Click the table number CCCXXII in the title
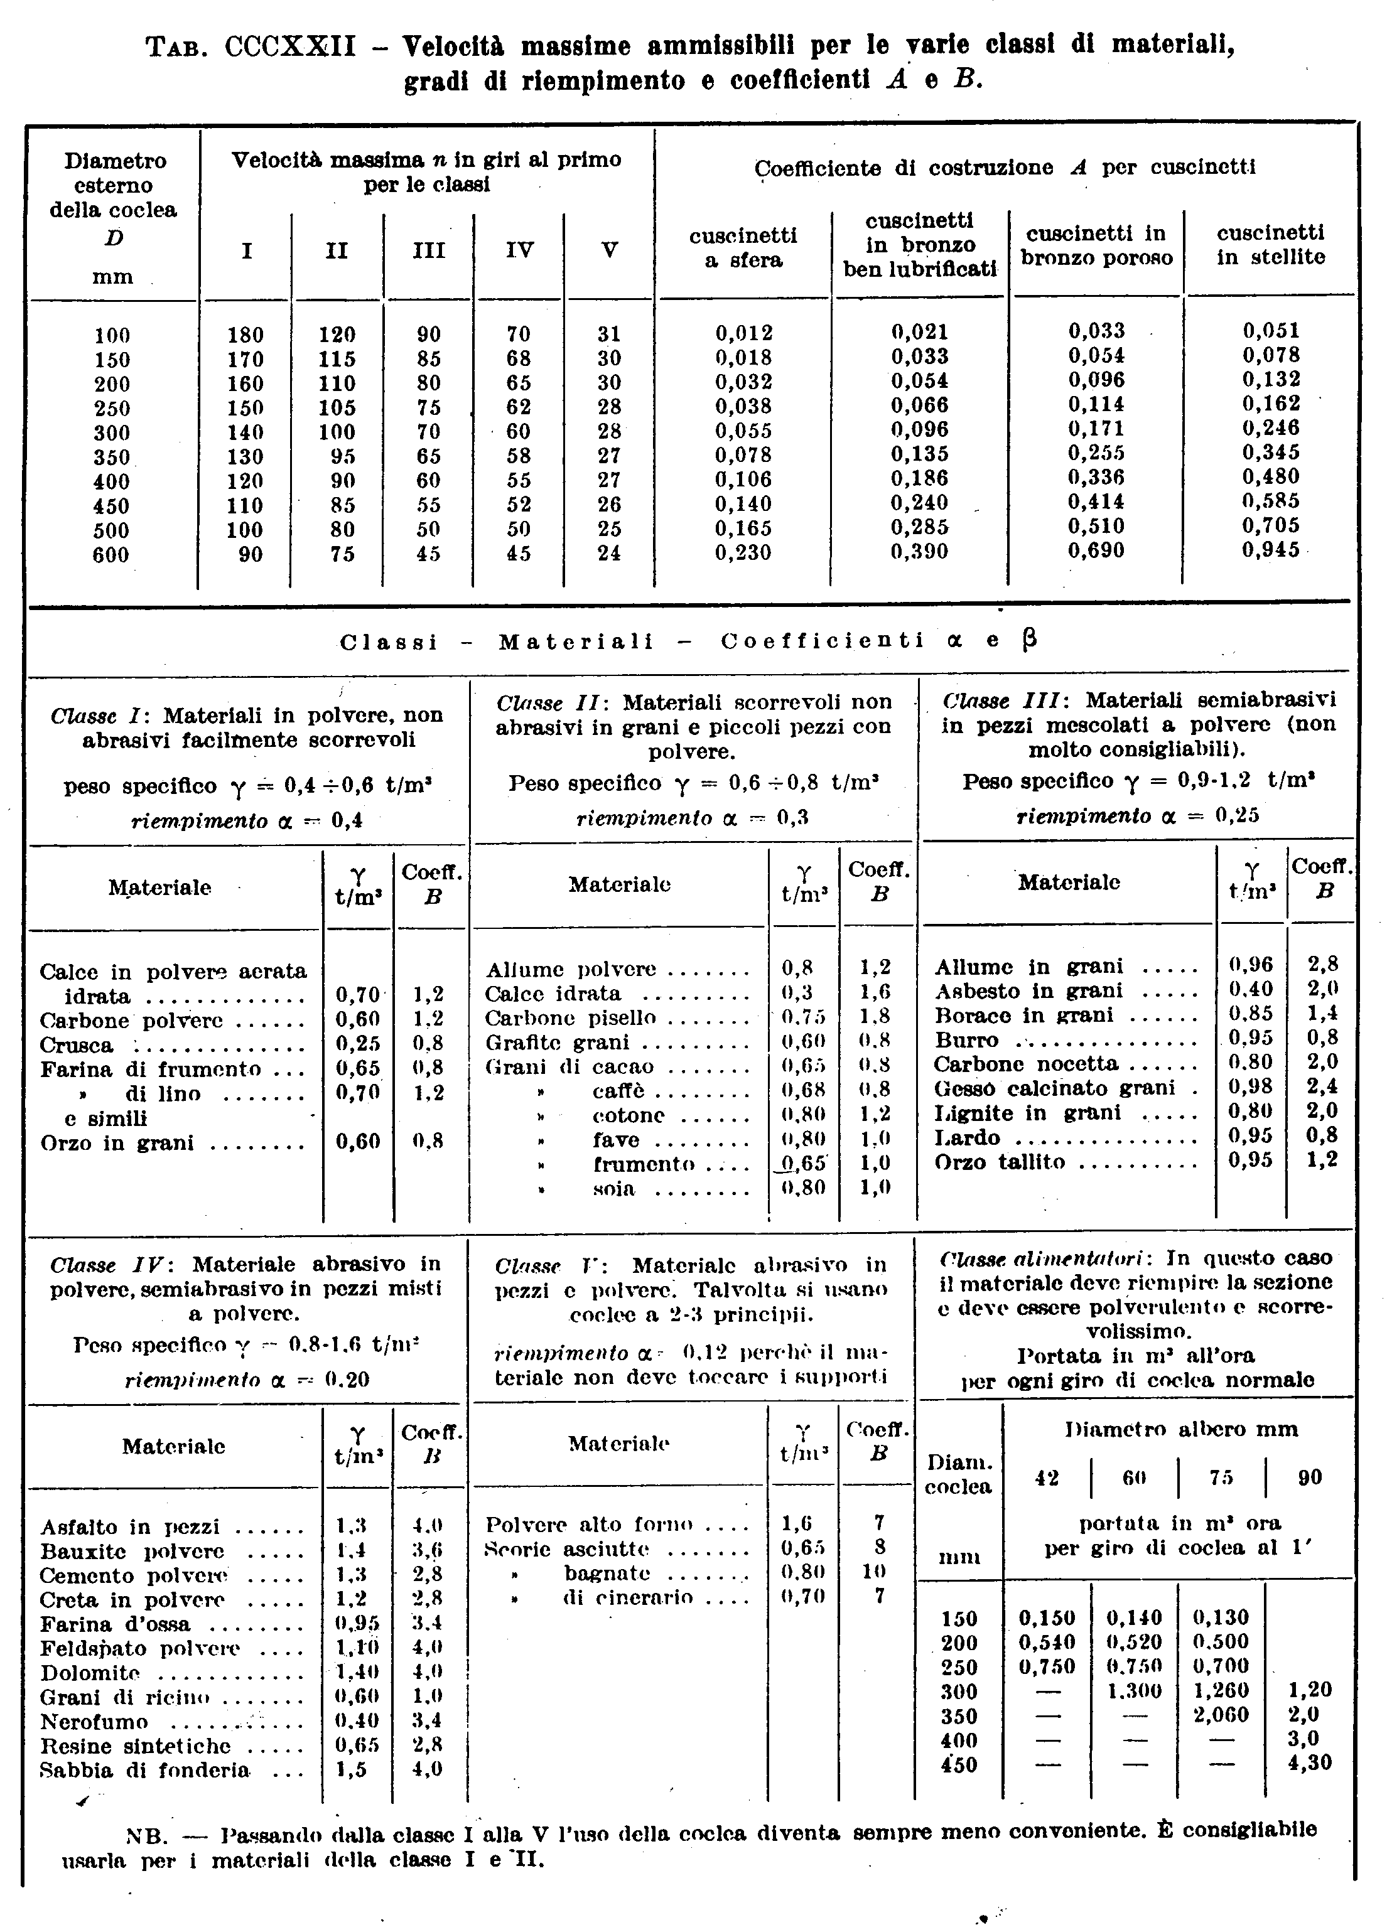[x=290, y=45]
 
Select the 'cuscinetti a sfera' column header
[x=743, y=247]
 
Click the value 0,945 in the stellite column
[x=1270, y=549]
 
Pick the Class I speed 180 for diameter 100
[x=246, y=335]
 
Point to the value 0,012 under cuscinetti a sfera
[x=743, y=333]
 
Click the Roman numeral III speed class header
[x=429, y=250]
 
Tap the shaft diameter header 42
[x=1047, y=1477]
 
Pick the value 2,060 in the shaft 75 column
[x=1221, y=1715]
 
